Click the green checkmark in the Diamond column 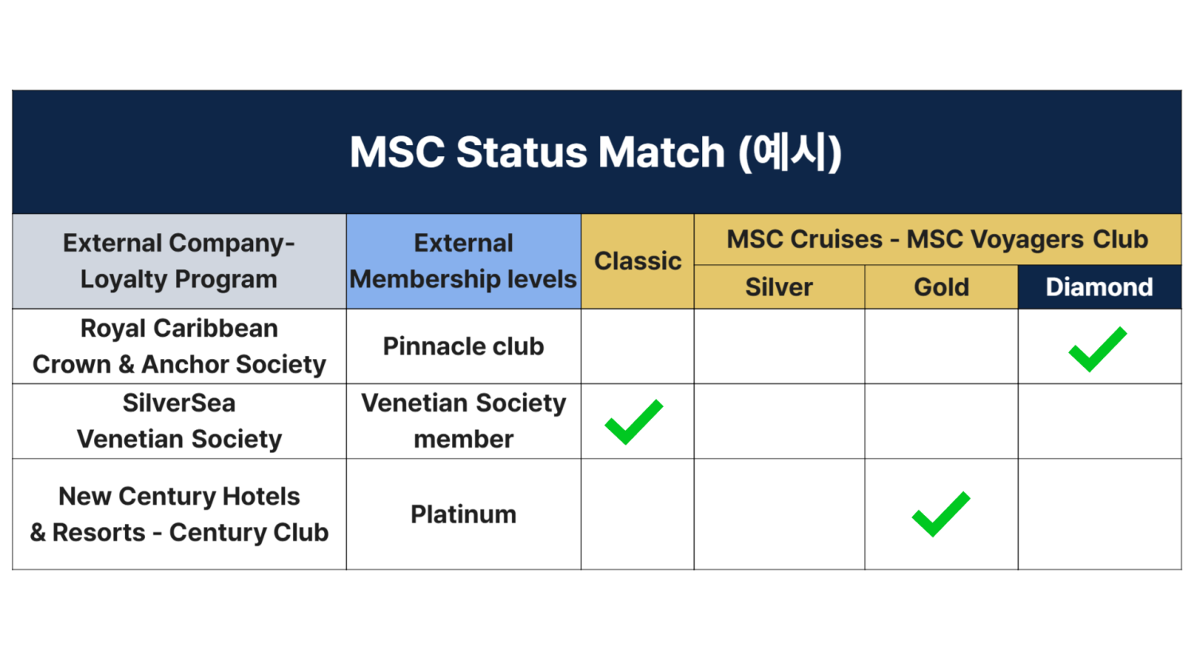pos(1097,350)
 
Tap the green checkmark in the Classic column pos(634,422)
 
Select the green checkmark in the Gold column pos(941,514)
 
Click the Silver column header pos(779,287)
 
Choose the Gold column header pos(942,287)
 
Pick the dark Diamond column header pos(1099,287)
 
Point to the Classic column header pos(638,261)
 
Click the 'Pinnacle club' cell pos(464,346)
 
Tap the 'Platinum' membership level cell pos(464,514)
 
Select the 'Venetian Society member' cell pos(464,421)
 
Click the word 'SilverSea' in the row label pos(179,403)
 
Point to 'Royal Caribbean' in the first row pos(179,329)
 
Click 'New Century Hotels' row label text pos(179,497)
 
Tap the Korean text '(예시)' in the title pos(790,153)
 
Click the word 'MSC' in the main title pos(397,153)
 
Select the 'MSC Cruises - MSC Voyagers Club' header pos(938,240)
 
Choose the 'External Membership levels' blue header pos(464,261)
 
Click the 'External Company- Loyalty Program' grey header pos(179,261)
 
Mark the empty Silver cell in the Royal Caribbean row pos(779,346)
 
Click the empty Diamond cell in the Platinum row pos(1099,514)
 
